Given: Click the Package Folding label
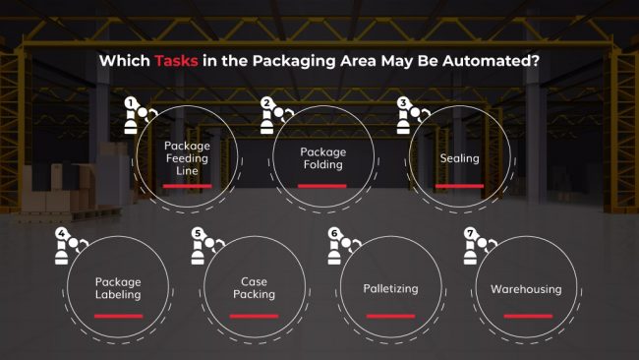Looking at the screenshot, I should tap(322, 158).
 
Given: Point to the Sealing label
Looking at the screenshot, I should tap(459, 158).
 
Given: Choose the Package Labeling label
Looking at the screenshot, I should tap(118, 287).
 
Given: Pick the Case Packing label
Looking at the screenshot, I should tap(254, 287).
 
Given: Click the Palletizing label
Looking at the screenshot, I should tap(390, 289).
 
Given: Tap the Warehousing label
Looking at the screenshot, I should tap(526, 289).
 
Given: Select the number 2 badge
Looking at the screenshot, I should tap(266, 102).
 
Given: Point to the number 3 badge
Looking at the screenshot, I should tap(402, 102).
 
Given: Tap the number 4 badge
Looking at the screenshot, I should tap(61, 234).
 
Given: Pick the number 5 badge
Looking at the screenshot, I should tap(198, 234).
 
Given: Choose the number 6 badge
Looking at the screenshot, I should tap(334, 234).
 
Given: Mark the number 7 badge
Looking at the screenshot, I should tap(470, 234).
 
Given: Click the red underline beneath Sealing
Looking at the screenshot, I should tap(459, 185).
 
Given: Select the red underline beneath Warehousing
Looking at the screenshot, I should tap(526, 316).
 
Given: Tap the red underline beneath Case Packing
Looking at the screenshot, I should tap(254, 316).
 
